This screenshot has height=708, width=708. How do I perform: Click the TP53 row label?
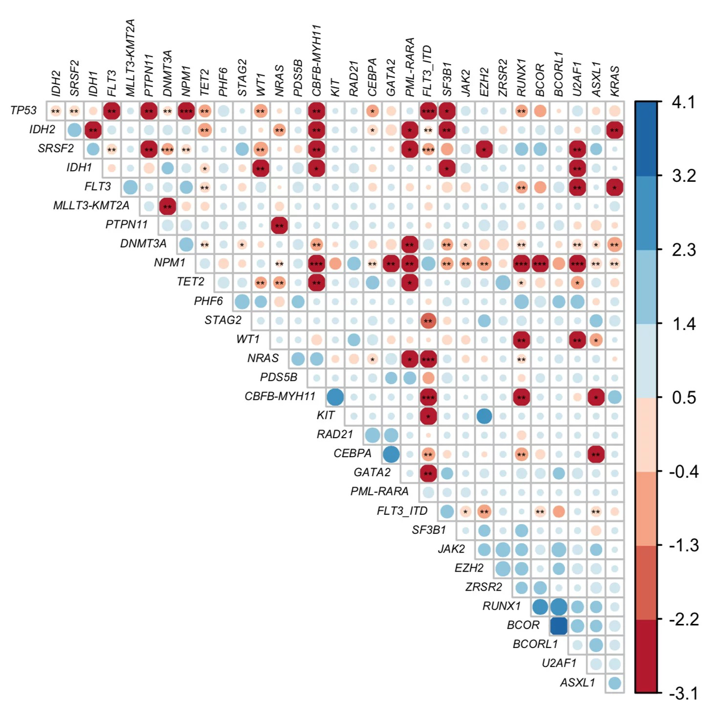tap(23, 111)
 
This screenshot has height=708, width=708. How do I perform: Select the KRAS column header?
tap(615, 81)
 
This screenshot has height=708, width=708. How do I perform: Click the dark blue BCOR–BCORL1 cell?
tap(558, 625)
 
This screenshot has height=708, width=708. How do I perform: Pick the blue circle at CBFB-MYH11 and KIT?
tap(335, 397)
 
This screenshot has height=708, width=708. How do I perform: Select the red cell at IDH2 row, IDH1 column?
tap(92, 131)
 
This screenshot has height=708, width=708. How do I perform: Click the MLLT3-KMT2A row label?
tap(91, 206)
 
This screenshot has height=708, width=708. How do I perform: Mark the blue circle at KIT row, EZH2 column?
tap(484, 416)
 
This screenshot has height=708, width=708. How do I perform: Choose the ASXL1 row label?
tap(577, 682)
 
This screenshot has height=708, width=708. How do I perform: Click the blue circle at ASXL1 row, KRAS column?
tap(615, 683)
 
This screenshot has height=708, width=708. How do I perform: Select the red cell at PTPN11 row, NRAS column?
tap(279, 225)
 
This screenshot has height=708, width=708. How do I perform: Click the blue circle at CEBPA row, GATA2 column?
tap(391, 454)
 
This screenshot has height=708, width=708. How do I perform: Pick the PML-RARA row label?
tap(379, 491)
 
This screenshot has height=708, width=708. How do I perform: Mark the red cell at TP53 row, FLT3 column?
tap(111, 111)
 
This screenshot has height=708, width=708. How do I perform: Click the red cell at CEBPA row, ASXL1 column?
tap(596, 454)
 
